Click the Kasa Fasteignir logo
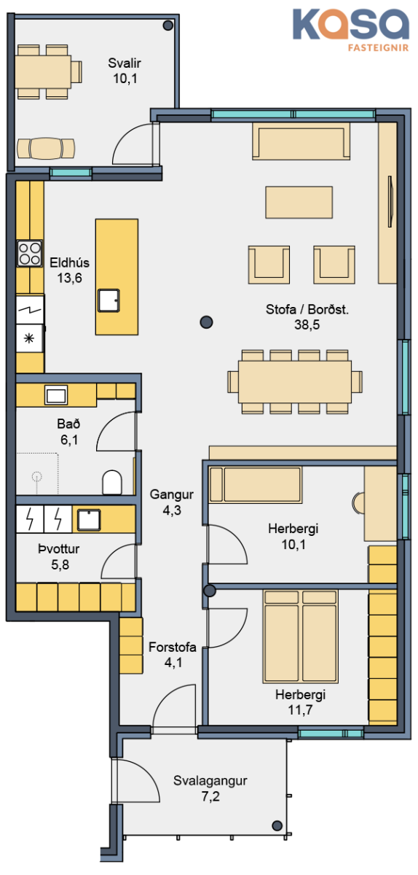[351, 30]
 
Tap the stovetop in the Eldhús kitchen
[30, 253]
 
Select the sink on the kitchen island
[109, 300]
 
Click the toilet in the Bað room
[112, 483]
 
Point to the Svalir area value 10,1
[125, 79]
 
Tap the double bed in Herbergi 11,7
[301, 637]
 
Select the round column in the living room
[206, 322]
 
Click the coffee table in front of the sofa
[299, 203]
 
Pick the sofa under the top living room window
[301, 141]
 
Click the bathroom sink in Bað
[56, 395]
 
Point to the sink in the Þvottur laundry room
[89, 520]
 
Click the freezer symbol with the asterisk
[29, 338]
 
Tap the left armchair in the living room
[269, 265]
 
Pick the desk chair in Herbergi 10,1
[358, 503]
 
